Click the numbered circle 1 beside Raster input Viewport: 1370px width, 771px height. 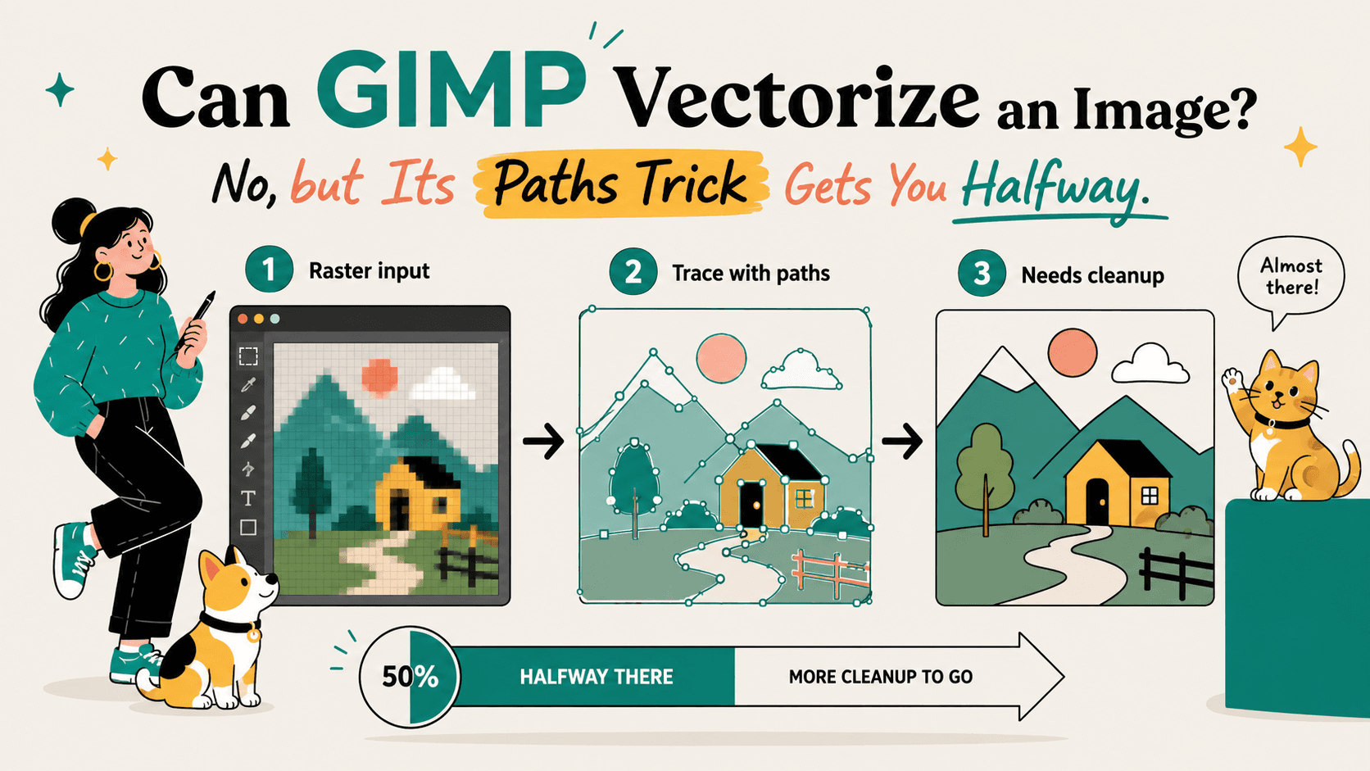[x=269, y=269]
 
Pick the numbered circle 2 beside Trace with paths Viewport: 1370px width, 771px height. [x=633, y=271]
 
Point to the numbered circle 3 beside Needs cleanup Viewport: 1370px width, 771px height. [x=982, y=274]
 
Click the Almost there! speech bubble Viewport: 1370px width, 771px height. [x=1291, y=279]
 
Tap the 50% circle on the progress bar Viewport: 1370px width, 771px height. [x=410, y=677]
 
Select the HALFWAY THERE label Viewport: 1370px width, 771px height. [x=597, y=677]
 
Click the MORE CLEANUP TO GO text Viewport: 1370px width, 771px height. [x=880, y=677]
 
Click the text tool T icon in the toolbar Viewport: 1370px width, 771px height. [x=247, y=498]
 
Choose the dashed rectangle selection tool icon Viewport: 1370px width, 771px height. [x=247, y=356]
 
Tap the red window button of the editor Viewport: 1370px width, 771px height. [x=243, y=320]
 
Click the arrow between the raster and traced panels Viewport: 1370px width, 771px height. [x=544, y=440]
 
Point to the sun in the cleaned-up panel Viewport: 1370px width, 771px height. [x=1072, y=352]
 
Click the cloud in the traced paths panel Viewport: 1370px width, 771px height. [x=801, y=370]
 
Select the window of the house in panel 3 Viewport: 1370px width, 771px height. [x=1150, y=495]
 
